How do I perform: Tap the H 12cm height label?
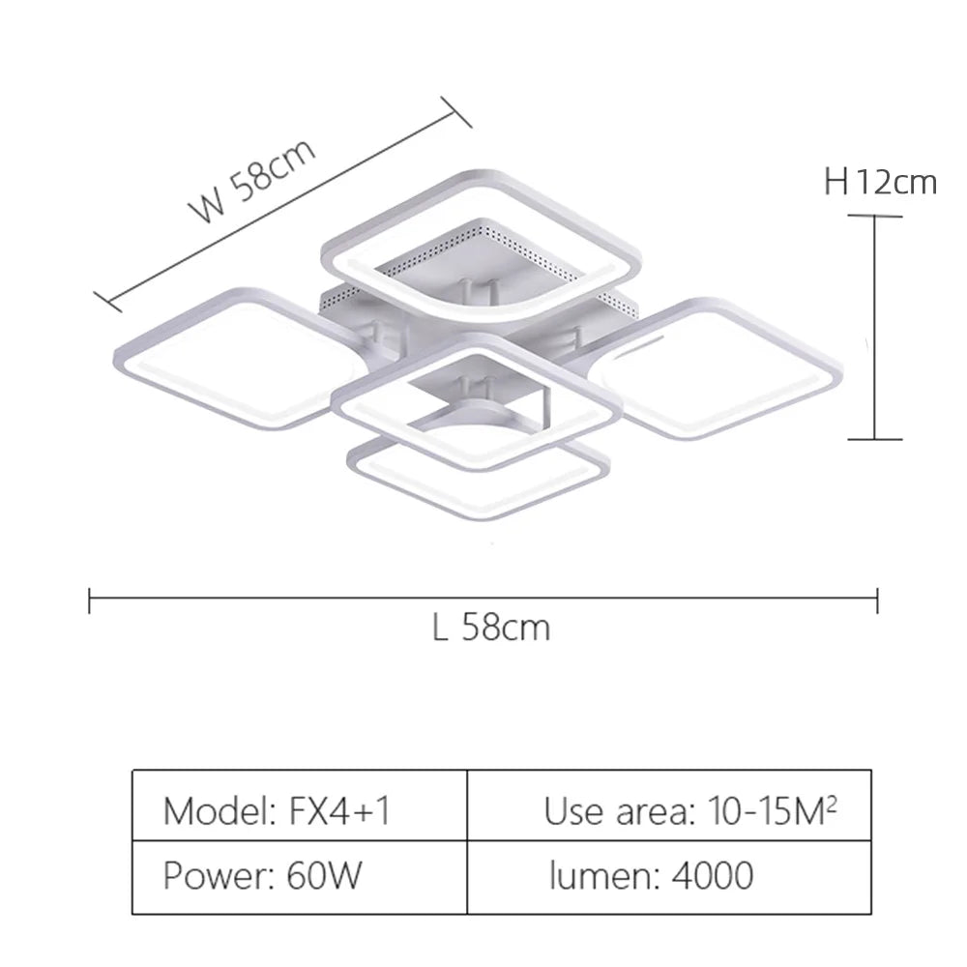tap(880, 181)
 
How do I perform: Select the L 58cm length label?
tap(491, 628)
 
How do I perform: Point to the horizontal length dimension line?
tap(483, 600)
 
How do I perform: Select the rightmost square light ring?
tap(720, 366)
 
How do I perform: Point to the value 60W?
tap(325, 875)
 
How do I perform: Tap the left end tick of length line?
tap(90, 600)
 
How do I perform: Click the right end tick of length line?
tap(877, 600)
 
